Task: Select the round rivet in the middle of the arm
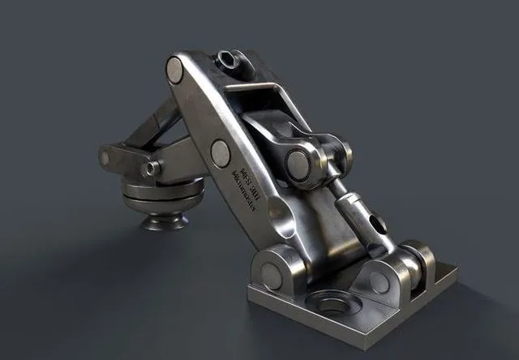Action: point(220,152)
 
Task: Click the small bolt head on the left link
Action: point(151,169)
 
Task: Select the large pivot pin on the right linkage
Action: point(298,165)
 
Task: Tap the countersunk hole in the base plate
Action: point(332,306)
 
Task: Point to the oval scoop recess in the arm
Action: point(281,215)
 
